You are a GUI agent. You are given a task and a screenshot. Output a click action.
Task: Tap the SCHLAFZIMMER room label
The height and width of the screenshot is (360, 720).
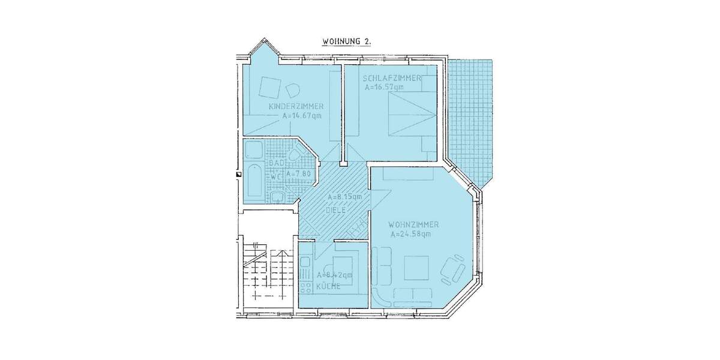point(391,79)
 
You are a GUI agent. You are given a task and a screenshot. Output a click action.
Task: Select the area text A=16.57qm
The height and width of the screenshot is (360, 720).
point(384,88)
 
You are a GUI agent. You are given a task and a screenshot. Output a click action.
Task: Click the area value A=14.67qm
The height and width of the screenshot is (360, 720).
point(302,116)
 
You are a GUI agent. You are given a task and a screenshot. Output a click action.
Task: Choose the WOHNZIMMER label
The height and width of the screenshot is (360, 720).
point(414,224)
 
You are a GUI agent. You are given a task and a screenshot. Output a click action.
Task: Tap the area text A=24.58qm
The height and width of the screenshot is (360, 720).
point(410,234)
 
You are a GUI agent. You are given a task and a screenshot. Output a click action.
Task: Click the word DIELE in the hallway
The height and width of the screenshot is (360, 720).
point(337,211)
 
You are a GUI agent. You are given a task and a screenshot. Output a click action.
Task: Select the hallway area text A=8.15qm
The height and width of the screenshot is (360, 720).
point(344,197)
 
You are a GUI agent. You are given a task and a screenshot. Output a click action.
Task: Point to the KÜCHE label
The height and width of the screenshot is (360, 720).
point(329,286)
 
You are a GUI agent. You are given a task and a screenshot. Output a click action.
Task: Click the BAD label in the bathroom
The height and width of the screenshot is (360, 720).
point(275,163)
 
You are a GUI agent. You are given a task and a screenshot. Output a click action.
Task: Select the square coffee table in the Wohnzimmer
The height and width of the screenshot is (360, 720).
point(416,268)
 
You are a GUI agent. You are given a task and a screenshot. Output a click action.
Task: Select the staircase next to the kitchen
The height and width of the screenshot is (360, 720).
point(264,273)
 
